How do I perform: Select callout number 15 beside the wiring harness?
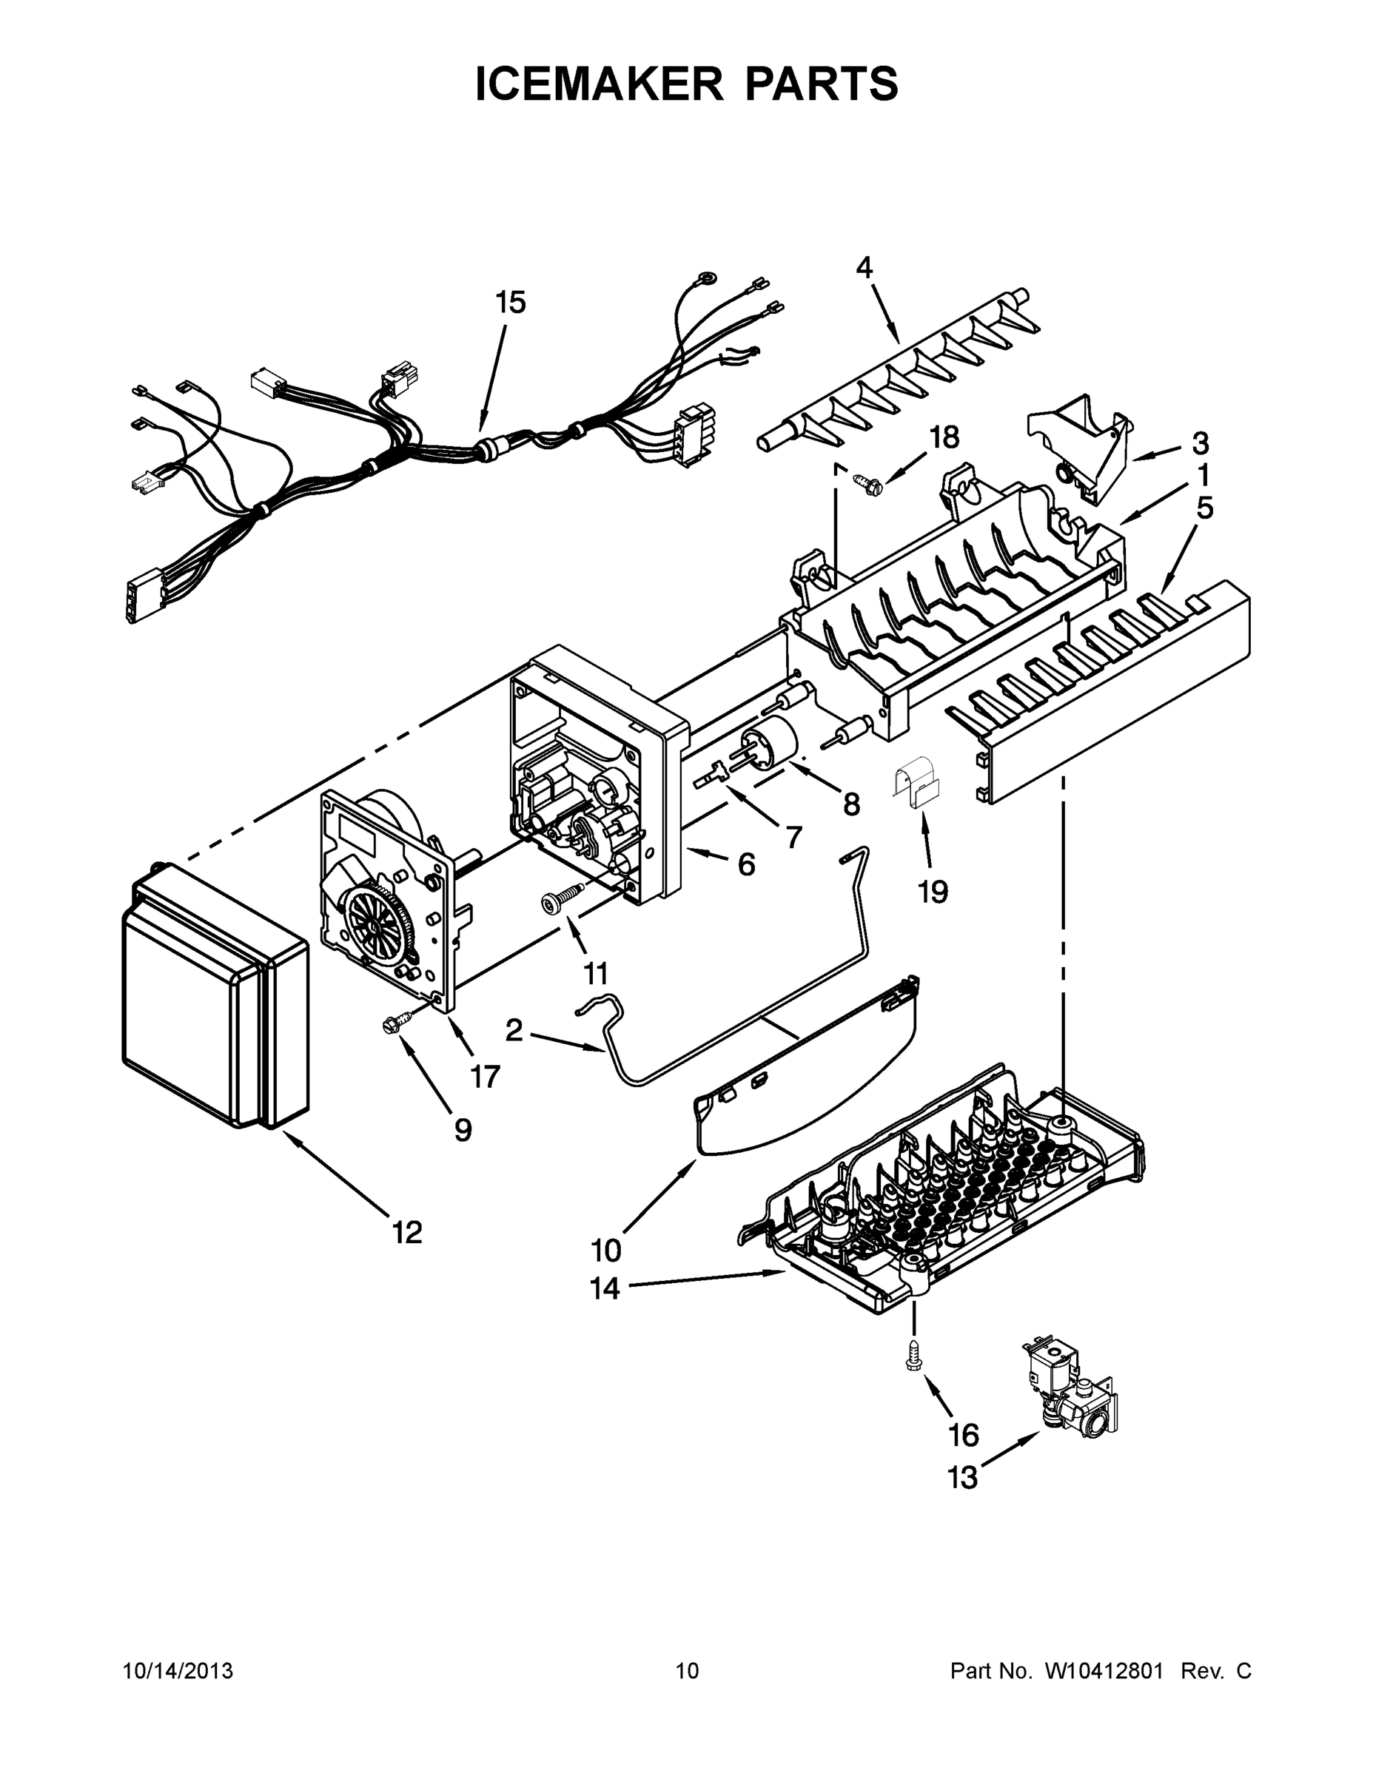click(511, 303)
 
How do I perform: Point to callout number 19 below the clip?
click(933, 892)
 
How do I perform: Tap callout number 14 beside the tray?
click(605, 1288)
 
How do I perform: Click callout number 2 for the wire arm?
click(514, 1030)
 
